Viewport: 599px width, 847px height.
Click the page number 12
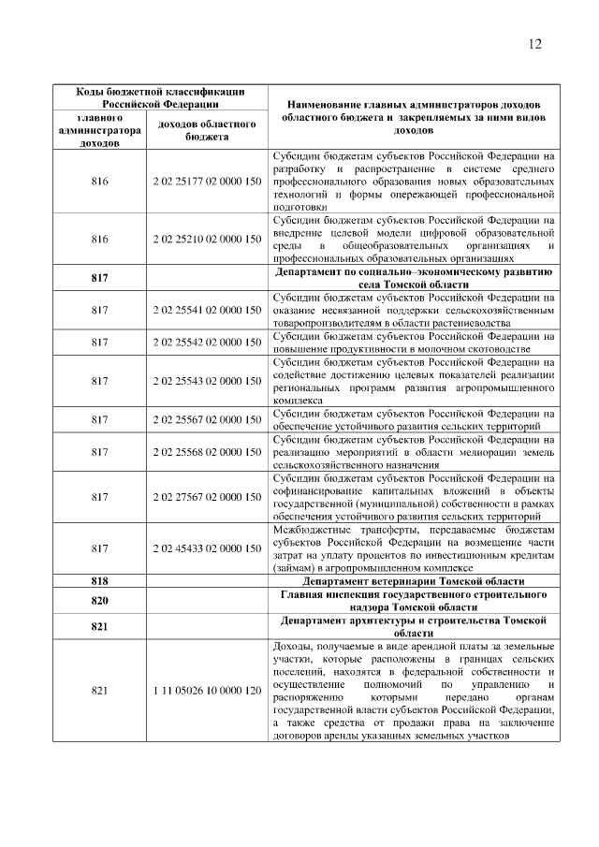534,45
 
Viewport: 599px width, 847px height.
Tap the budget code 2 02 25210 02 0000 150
207,239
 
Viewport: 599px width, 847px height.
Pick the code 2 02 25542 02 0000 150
207,342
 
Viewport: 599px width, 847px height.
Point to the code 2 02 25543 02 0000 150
207,381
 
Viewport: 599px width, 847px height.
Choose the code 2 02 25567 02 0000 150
207,419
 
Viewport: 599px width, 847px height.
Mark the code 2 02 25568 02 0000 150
207,451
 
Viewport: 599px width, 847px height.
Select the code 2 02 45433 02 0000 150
207,548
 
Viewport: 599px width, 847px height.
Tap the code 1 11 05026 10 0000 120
207,691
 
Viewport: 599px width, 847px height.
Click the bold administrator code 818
100,581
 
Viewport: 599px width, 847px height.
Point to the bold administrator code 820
100,600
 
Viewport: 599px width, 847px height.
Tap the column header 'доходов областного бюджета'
207,130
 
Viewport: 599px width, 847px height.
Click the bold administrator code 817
100,278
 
